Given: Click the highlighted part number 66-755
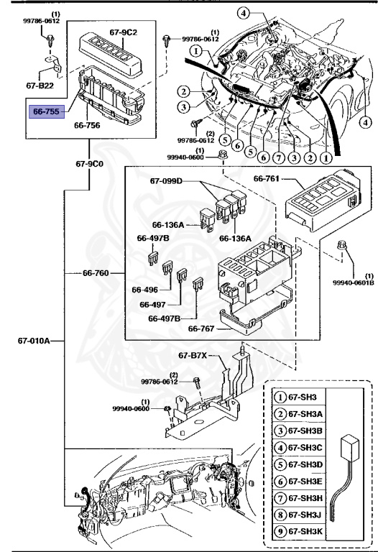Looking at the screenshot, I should point(47,111).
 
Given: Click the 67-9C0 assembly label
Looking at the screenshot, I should point(89,162).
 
